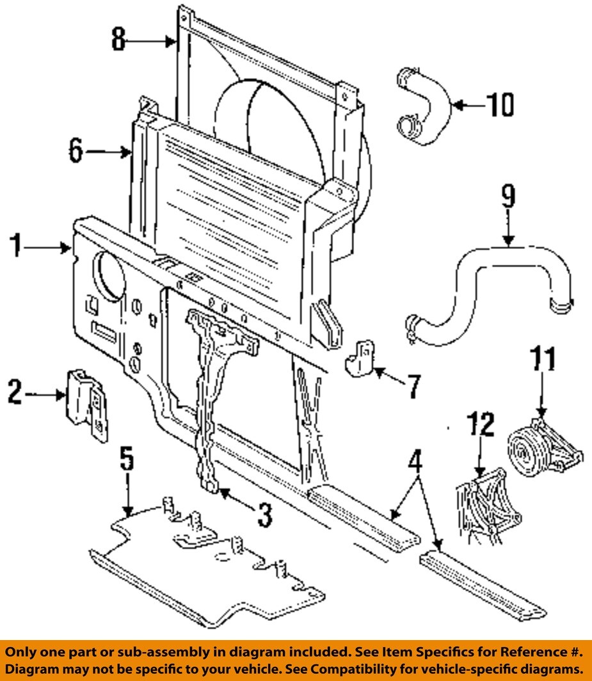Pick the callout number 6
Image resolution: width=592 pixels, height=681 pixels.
pos(76,152)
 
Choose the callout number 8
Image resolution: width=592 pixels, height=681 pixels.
pos(118,40)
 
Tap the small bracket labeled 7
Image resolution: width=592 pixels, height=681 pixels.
pos(362,359)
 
